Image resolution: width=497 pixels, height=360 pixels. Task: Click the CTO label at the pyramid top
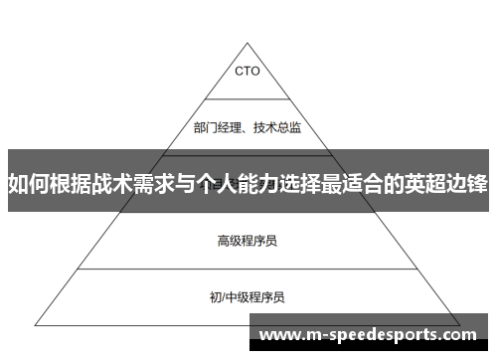point(248,71)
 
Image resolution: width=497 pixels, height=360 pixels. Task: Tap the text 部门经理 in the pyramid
point(216,126)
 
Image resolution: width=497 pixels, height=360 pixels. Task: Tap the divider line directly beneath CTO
point(248,99)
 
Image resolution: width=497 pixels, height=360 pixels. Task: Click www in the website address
point(278,334)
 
